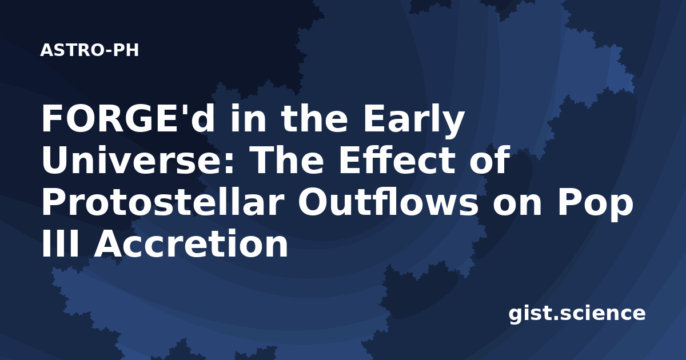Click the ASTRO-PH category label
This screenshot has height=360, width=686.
(x=89, y=50)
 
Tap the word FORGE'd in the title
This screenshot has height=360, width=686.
(x=127, y=119)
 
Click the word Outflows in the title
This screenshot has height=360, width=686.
(x=388, y=201)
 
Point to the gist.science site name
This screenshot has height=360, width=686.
(x=577, y=314)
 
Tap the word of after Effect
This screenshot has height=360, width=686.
(x=490, y=159)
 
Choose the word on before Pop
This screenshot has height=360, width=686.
(x=517, y=205)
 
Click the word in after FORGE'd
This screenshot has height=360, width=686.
(x=248, y=119)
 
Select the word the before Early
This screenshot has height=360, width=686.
(x=314, y=119)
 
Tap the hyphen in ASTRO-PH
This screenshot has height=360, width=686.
(x=107, y=51)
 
